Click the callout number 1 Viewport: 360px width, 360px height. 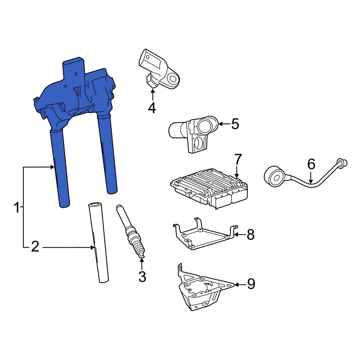[17, 208]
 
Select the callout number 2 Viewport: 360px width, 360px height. [35, 247]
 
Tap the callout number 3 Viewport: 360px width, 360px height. [142, 276]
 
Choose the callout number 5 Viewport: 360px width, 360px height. [235, 124]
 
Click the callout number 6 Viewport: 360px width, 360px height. [311, 164]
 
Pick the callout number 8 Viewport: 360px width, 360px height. [251, 235]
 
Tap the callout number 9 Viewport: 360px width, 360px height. [251, 284]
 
